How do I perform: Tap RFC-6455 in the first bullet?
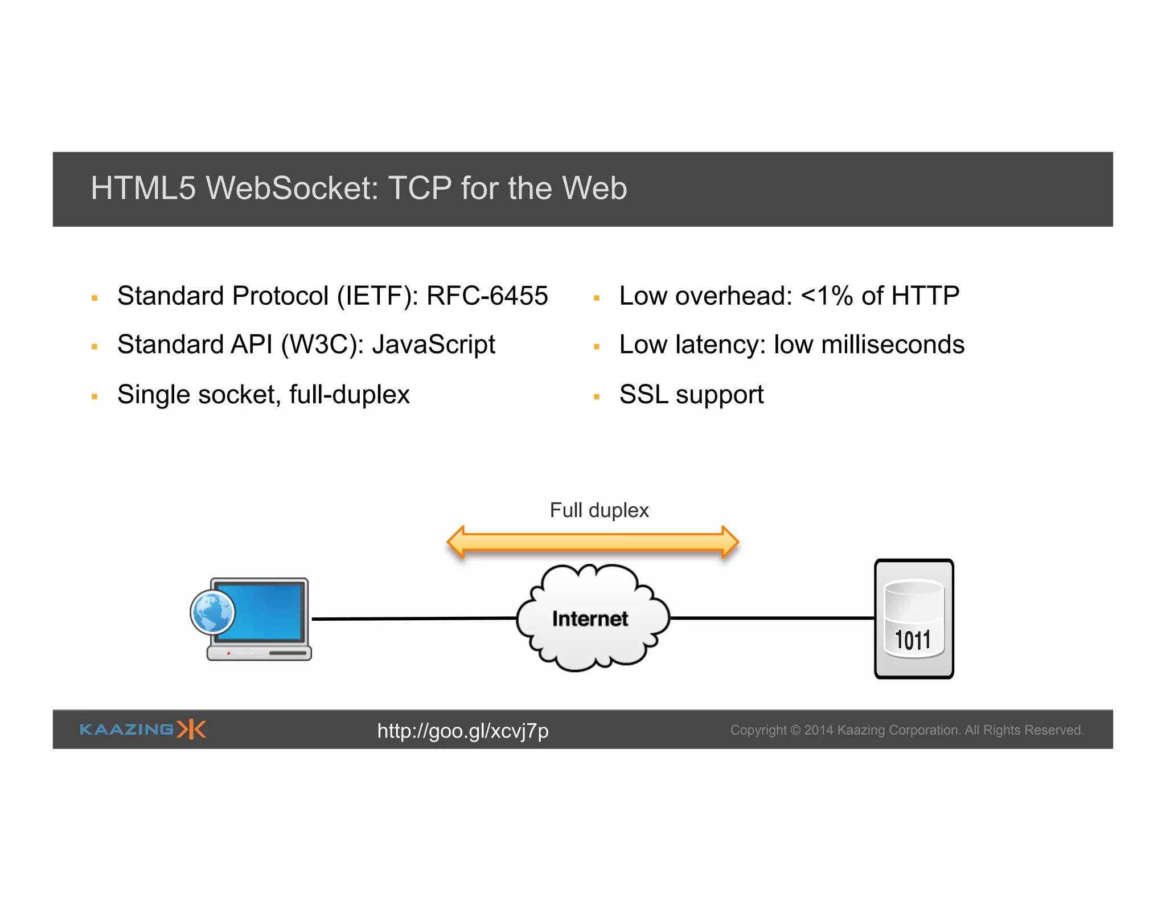click(x=487, y=296)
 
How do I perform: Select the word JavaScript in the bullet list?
click(x=433, y=345)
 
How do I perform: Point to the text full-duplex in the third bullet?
click(x=349, y=395)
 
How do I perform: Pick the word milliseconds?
click(x=893, y=345)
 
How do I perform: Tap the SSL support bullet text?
click(x=691, y=395)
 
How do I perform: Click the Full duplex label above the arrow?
click(x=599, y=510)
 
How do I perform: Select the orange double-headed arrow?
click(x=593, y=542)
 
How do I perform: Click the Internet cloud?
click(x=592, y=618)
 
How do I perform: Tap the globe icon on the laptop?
click(x=213, y=612)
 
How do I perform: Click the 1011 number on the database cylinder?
click(x=913, y=640)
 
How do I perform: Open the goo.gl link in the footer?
click(x=463, y=731)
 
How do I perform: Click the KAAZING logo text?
click(x=126, y=730)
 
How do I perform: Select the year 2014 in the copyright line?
click(x=818, y=730)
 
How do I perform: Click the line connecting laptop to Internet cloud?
click(x=414, y=619)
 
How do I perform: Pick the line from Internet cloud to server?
click(x=772, y=618)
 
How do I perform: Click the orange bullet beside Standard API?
click(x=95, y=346)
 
